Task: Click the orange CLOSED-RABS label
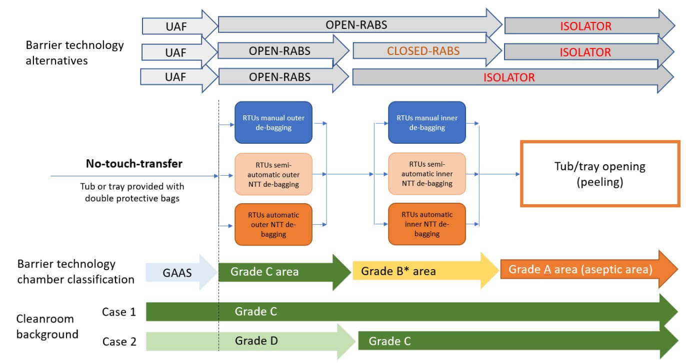[423, 51]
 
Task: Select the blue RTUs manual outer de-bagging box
[273, 122]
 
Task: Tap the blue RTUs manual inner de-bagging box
[427, 122]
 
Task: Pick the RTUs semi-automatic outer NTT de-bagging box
[273, 174]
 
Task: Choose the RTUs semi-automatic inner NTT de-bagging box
[427, 174]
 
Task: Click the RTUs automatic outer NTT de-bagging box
[273, 224]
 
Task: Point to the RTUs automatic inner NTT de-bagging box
[427, 224]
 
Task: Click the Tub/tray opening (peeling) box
[600, 174]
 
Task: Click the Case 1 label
[118, 312]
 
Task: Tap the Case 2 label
[118, 342]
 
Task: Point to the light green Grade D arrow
[256, 341]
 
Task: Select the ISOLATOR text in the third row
[508, 77]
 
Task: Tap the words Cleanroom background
[47, 327]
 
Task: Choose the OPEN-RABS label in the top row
[356, 24]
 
